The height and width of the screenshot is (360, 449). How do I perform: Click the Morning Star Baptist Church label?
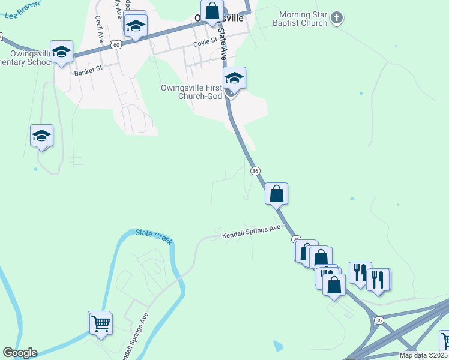(304, 19)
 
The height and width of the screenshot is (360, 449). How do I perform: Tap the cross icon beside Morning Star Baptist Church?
(337, 18)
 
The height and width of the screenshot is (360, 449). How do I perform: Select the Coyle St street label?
(205, 44)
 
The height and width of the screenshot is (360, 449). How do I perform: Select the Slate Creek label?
(154, 236)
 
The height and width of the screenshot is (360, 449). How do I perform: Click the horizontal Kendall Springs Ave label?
(251, 232)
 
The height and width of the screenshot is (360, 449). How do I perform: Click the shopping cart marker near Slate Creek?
(101, 324)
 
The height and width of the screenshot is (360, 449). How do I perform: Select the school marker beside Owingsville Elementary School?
(61, 52)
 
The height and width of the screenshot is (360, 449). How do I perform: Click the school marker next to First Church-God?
(234, 79)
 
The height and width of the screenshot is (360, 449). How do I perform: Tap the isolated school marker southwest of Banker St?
(41, 136)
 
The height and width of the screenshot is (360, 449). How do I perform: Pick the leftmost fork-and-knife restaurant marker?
(360, 273)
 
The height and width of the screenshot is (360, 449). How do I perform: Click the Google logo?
(19, 353)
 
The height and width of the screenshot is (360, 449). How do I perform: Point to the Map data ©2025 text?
(423, 355)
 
